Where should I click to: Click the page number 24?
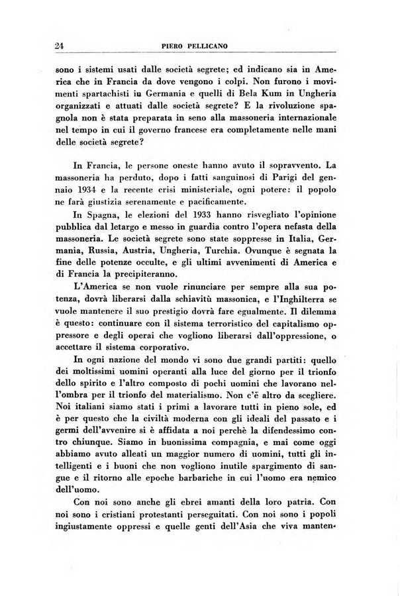point(59,46)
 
